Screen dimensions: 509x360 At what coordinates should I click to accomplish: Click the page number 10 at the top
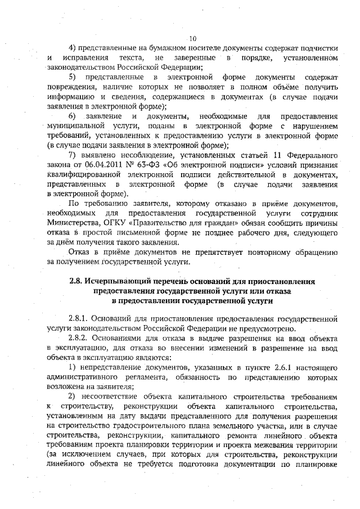192,38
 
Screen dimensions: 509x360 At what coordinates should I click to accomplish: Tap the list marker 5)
72,76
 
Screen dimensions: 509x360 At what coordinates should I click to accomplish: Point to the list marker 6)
72,116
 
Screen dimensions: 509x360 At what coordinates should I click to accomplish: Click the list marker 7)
71,155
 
